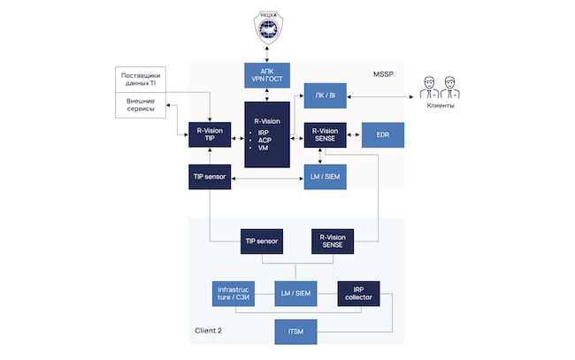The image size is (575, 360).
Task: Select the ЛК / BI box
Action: (x=326, y=96)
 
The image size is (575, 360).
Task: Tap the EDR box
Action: (x=382, y=134)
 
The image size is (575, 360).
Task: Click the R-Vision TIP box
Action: (x=210, y=134)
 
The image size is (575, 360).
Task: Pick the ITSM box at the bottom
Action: (x=295, y=331)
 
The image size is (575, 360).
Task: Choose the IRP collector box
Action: (x=358, y=293)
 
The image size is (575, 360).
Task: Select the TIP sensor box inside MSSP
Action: (x=210, y=177)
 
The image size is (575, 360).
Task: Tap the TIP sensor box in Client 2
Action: (x=267, y=241)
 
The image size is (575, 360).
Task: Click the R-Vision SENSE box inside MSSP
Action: (x=326, y=134)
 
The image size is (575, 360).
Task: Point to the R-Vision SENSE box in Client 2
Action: (x=332, y=241)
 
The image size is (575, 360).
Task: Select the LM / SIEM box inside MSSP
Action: (x=326, y=177)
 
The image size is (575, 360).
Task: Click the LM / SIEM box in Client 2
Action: (x=295, y=293)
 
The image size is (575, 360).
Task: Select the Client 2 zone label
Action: (x=209, y=331)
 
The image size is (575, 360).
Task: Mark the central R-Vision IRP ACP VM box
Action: (x=267, y=134)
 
